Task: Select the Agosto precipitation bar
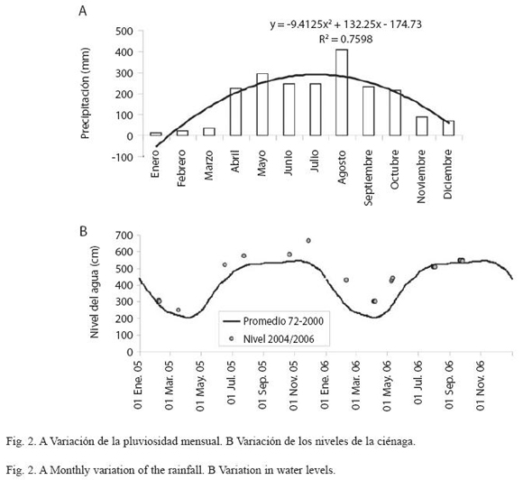click(x=342, y=92)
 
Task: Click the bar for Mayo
click(x=262, y=105)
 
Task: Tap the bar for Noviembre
click(x=422, y=126)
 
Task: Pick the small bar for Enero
click(x=156, y=134)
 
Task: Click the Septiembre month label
click(x=368, y=178)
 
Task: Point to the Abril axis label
click(x=235, y=161)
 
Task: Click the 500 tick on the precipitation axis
click(x=124, y=32)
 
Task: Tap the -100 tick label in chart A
click(x=122, y=157)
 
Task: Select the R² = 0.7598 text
click(x=346, y=40)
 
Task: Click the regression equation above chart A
click(x=346, y=24)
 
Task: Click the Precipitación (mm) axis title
click(x=86, y=93)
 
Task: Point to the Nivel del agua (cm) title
click(x=95, y=292)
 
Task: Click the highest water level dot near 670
click(x=308, y=241)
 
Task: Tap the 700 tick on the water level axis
click(x=124, y=235)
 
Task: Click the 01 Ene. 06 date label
click(x=326, y=386)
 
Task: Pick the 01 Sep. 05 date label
click(x=262, y=386)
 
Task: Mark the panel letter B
click(x=83, y=231)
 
